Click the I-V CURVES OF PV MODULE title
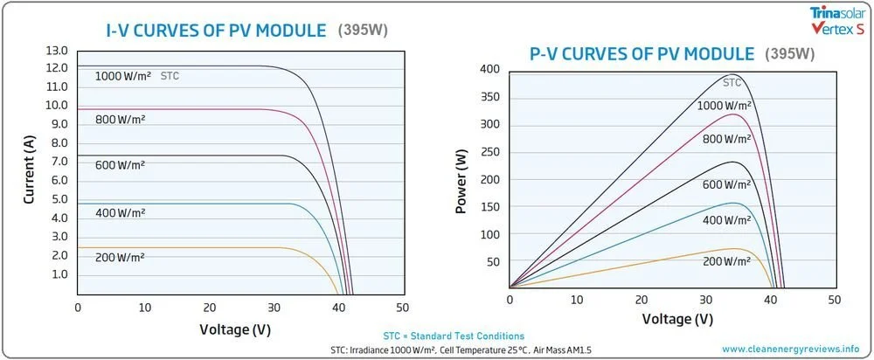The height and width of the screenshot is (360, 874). point(213,31)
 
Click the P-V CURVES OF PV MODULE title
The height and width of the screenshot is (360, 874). point(642,53)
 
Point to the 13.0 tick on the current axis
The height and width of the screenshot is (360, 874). point(57,50)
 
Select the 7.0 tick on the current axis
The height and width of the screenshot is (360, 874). point(57,162)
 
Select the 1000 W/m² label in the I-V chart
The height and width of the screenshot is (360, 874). point(124,76)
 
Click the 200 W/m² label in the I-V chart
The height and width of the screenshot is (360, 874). point(120,257)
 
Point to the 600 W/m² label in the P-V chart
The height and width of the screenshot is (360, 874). point(725,184)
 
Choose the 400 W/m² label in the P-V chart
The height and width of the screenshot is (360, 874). point(725,221)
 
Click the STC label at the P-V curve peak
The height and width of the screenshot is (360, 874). point(732,83)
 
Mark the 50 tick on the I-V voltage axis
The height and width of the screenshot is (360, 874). point(402,308)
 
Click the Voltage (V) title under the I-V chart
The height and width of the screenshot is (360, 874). point(234,329)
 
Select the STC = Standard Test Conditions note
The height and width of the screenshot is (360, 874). point(454,336)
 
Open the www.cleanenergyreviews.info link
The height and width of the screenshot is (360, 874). point(791,348)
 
